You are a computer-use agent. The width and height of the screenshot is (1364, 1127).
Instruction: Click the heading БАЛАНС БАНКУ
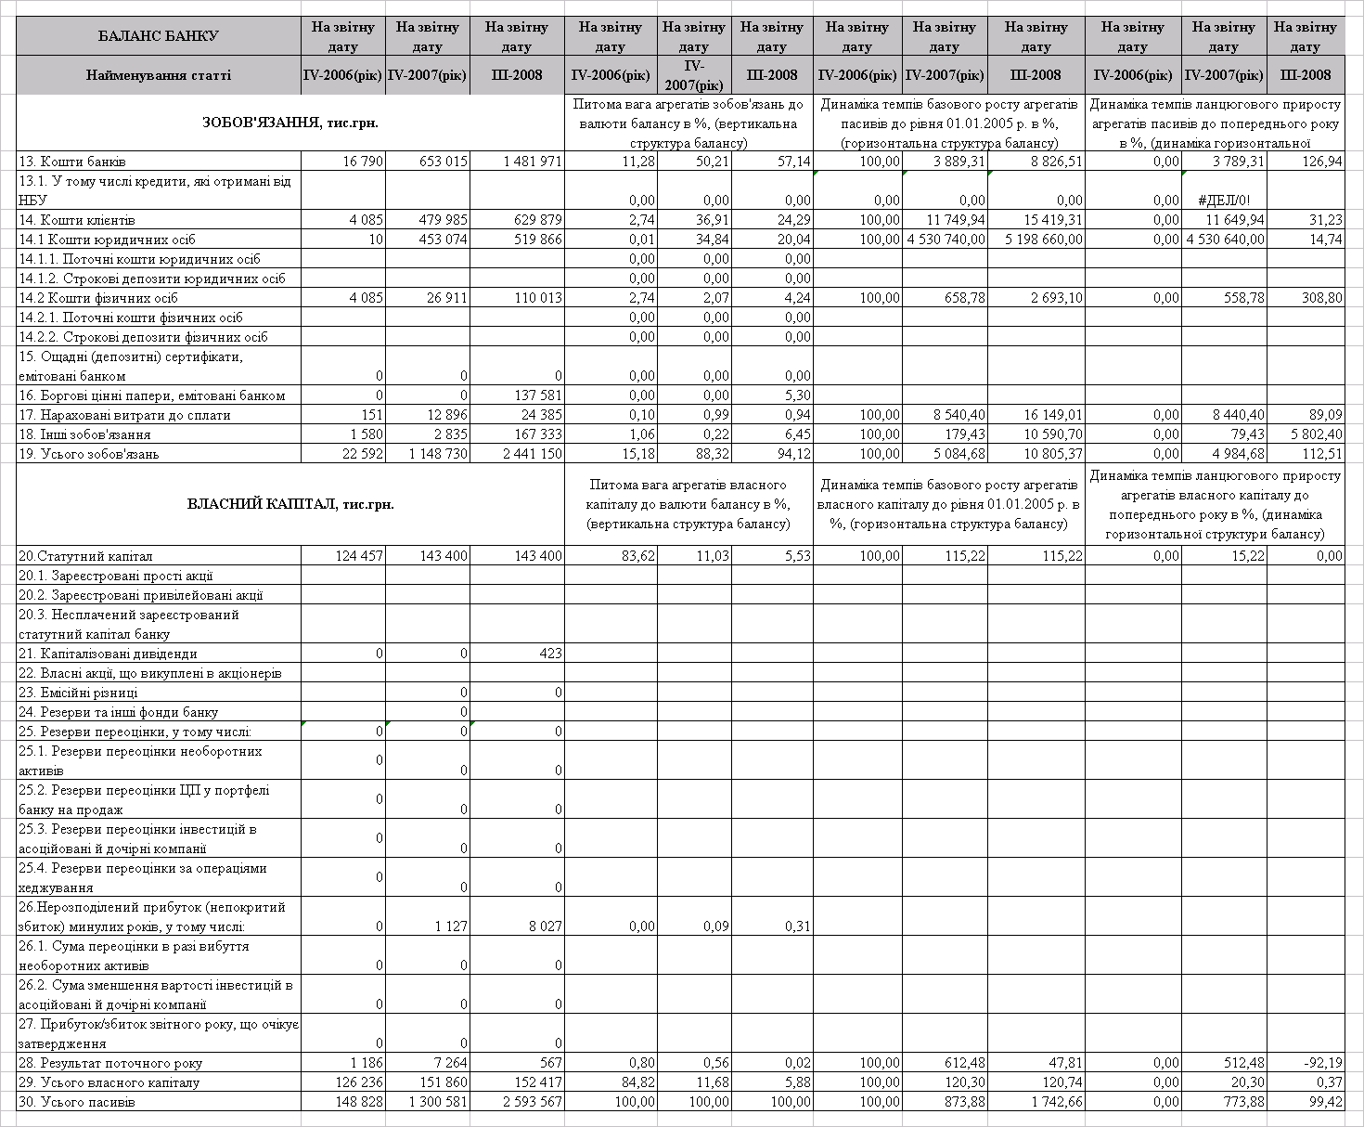(158, 36)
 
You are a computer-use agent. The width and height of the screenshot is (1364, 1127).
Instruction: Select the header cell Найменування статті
(158, 75)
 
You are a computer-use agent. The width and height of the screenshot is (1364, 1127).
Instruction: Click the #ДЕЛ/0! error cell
(1224, 201)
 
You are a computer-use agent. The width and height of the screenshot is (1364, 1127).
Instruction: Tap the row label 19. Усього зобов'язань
(89, 454)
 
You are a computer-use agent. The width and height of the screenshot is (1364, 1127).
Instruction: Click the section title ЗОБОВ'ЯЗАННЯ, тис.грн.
(290, 123)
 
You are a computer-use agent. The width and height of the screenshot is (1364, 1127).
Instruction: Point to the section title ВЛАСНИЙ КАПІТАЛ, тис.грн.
(290, 505)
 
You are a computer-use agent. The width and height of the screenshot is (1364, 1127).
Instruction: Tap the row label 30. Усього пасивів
(76, 1102)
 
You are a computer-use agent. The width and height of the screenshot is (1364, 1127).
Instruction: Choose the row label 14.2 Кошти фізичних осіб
(98, 298)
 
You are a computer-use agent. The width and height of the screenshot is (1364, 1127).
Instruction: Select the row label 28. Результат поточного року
(110, 1063)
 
